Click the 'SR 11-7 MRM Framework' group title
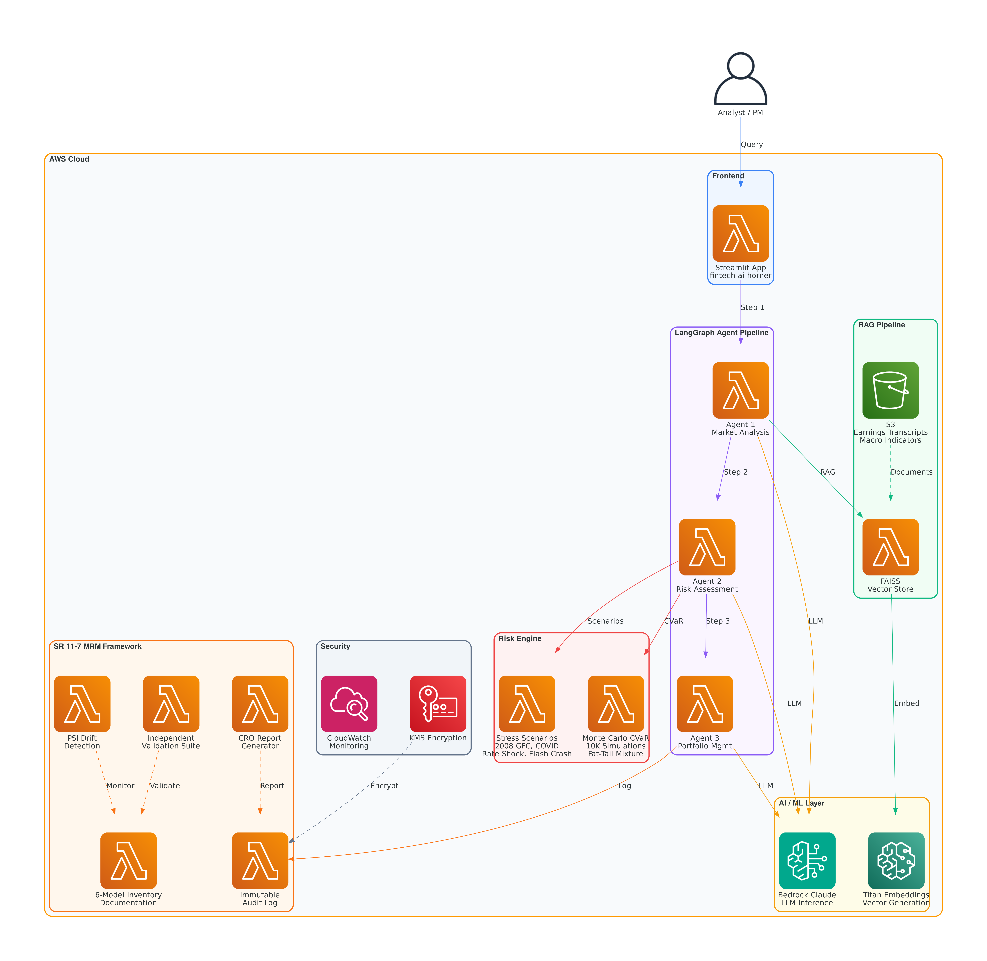(x=97, y=646)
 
